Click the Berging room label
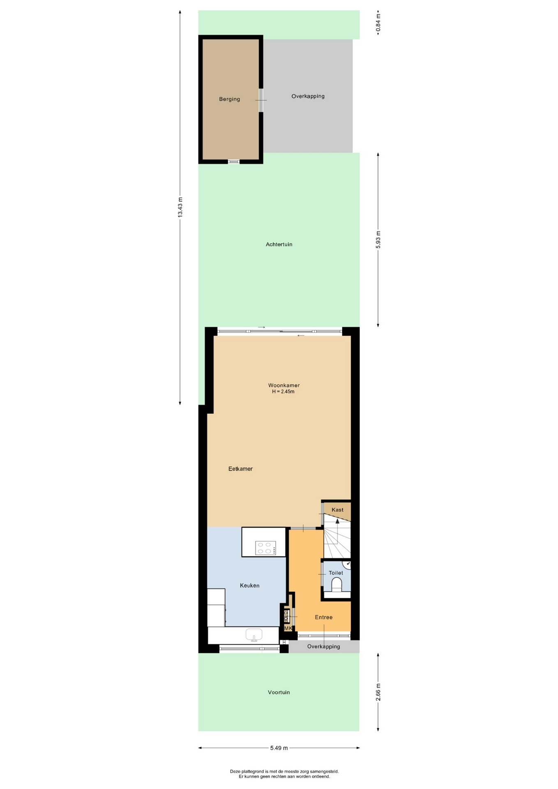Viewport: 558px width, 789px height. pos(229,99)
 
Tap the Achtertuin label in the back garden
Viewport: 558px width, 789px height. pos(279,244)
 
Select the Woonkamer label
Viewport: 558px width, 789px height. pos(284,385)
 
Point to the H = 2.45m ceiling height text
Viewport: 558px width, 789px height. pos(283,392)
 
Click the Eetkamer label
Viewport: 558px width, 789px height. pos(240,468)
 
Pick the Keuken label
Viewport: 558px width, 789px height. pos(250,586)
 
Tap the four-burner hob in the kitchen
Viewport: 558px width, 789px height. pos(265,548)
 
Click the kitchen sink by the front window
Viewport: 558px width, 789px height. pos(254,635)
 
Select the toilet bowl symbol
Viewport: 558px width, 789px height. pos(337,584)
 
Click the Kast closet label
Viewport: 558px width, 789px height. pos(337,510)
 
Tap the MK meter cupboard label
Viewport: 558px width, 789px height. pos(288,628)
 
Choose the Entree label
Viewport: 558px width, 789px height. pos(324,617)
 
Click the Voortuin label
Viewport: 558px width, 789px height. pos(279,692)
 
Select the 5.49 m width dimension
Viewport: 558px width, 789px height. pos(279,748)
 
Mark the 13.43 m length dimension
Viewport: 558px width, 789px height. pos(180,208)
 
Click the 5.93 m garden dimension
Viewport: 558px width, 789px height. pos(378,240)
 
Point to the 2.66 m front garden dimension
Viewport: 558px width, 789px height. pos(378,692)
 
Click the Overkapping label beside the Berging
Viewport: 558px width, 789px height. pos(308,96)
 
